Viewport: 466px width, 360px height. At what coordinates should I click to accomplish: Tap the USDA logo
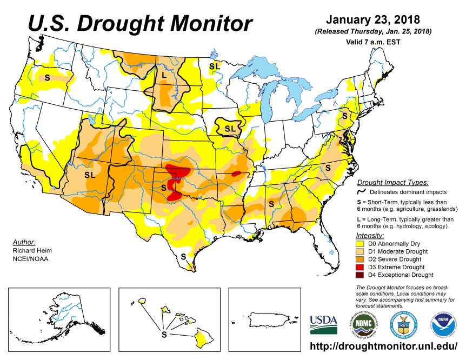click(x=323, y=324)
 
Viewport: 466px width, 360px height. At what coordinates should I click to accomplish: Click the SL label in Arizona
click(x=89, y=175)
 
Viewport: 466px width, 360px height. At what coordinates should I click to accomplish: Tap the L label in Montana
click(x=164, y=74)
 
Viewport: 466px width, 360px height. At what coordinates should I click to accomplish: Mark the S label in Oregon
click(x=47, y=77)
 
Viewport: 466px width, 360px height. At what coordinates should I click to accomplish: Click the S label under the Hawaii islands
click(x=164, y=335)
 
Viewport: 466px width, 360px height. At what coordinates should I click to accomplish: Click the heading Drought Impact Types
click(x=392, y=183)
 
